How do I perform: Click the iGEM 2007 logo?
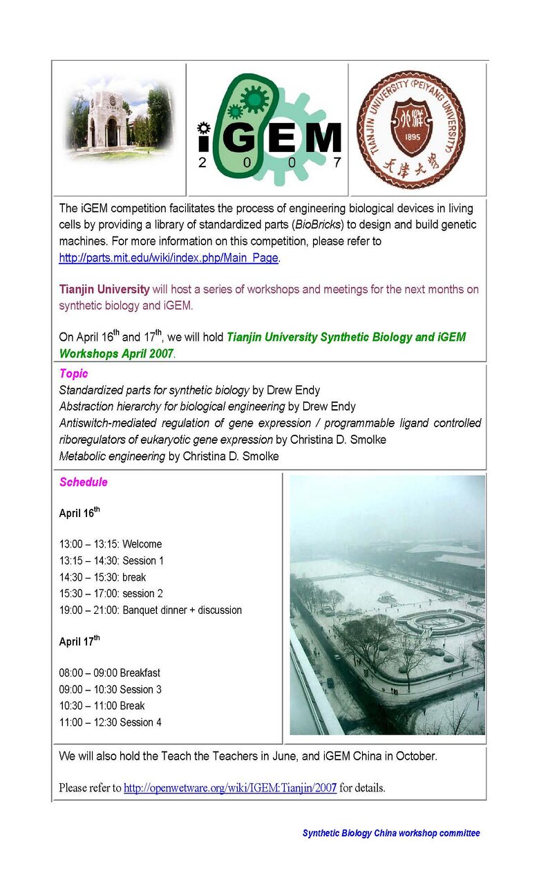[268, 129]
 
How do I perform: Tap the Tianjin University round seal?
[410, 129]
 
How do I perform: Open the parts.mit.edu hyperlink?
[169, 258]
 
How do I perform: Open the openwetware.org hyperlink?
[230, 788]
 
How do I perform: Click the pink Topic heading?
[73, 374]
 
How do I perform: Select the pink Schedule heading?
[84, 482]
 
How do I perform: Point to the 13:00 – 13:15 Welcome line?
[111, 544]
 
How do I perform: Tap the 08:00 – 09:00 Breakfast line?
[110, 673]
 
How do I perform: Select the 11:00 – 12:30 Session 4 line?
[111, 722]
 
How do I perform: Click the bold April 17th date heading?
[79, 641]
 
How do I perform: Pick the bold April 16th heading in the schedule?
[79, 513]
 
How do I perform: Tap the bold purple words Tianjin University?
[104, 289]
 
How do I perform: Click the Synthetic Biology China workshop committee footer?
[390, 833]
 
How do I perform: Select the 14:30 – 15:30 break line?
[103, 577]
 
